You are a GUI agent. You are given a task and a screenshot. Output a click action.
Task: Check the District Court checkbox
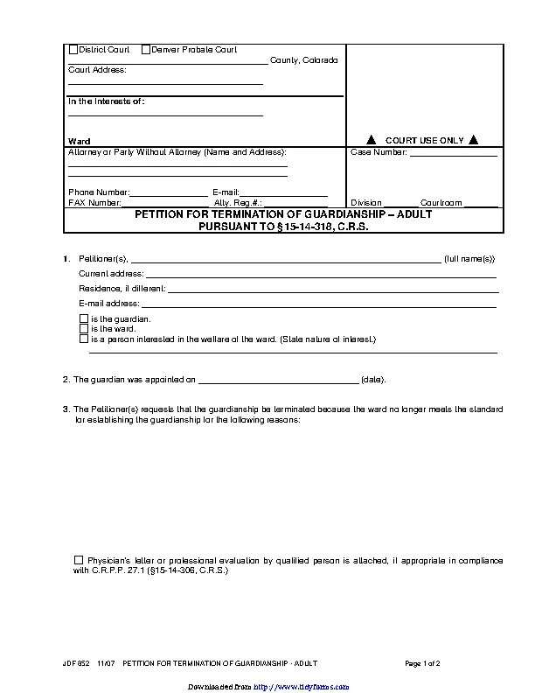[73, 50]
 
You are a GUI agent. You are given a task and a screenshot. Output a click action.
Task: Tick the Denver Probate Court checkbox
[145, 50]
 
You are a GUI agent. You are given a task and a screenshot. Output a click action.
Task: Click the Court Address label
[97, 70]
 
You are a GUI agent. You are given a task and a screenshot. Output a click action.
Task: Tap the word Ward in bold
[79, 141]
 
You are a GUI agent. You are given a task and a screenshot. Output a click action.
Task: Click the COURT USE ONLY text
[425, 140]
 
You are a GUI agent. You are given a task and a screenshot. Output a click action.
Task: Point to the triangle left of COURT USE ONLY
[371, 140]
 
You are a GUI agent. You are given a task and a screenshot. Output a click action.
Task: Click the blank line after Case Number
[453, 154]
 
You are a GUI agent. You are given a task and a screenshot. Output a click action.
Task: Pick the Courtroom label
[441, 203]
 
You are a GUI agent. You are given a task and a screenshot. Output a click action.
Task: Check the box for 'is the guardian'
[84, 318]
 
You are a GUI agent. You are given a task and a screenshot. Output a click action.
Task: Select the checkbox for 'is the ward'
[84, 328]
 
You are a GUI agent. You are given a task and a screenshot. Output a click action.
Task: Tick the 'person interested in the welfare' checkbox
[84, 338]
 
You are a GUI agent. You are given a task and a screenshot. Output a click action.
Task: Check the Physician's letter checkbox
[79, 559]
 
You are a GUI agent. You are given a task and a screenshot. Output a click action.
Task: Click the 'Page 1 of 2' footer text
[422, 664]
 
